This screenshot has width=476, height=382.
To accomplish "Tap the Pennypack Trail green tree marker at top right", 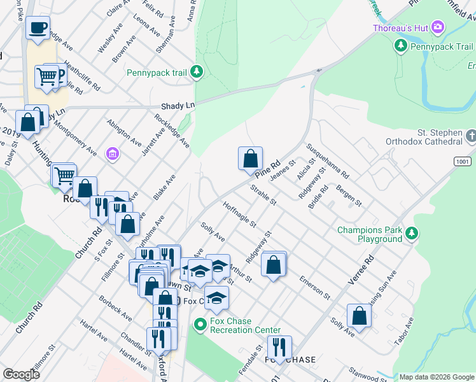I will [x=401, y=46].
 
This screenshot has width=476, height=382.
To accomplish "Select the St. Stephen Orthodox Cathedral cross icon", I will [x=470, y=136].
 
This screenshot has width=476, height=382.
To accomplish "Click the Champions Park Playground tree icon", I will [x=412, y=234].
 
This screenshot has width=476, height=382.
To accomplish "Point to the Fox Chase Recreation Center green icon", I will [x=200, y=325].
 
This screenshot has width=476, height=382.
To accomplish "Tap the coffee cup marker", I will [x=38, y=27].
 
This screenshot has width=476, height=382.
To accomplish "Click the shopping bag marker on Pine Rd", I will [x=251, y=158].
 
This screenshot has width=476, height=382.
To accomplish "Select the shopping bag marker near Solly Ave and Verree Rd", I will [x=360, y=315].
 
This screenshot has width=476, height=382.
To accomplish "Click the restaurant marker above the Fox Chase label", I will [x=279, y=347].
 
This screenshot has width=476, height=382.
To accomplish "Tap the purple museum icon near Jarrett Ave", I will [x=113, y=154].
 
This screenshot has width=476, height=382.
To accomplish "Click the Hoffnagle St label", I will [x=239, y=215].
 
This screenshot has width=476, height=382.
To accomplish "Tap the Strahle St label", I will [x=263, y=194].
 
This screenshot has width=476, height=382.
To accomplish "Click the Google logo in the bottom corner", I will [x=21, y=374].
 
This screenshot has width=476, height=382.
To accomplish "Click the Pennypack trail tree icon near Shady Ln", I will [x=197, y=73].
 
